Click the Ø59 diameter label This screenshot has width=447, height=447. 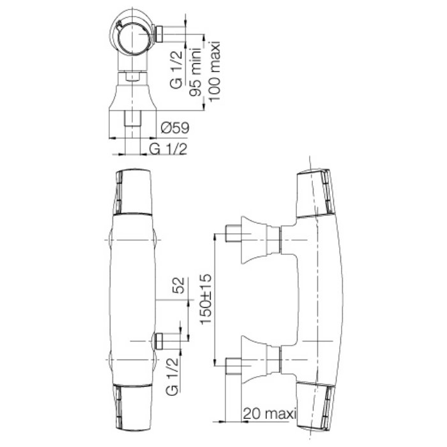coord(175,128)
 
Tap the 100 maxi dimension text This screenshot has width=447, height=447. coord(215,71)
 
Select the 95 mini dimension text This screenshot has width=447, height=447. coord(196,72)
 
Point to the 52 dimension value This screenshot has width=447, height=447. coord(179,285)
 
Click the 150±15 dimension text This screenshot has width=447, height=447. coord(206,299)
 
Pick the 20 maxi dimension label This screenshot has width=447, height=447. coord(270,413)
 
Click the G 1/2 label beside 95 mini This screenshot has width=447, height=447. coord(176,70)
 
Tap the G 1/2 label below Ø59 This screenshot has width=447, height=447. coord(169,149)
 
